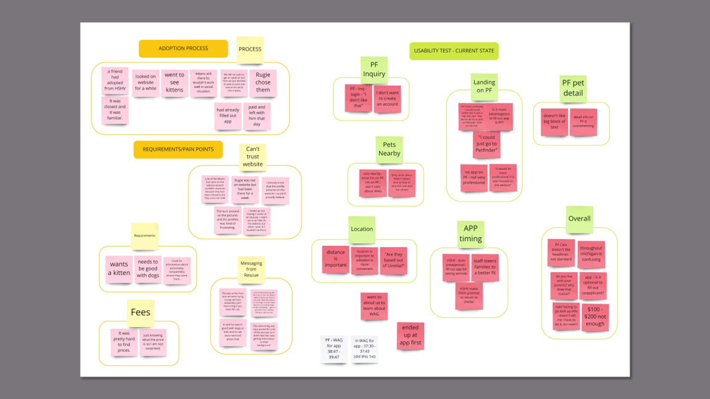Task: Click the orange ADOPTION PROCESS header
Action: coord(183,49)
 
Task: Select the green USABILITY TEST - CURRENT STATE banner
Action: coord(454,51)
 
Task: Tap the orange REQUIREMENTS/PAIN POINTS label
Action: coord(178,150)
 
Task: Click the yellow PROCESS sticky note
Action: coord(250,49)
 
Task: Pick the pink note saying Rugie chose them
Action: coord(263,83)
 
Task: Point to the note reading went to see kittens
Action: coord(174,83)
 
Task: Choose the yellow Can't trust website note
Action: coord(253,156)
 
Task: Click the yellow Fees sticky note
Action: coord(141,312)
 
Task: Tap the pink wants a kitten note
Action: coord(119,268)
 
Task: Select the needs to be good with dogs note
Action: coord(148,268)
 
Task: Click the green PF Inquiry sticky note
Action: coord(374,70)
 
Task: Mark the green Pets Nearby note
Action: coord(389,149)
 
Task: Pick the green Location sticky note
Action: coord(362,229)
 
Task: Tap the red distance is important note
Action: coord(336,259)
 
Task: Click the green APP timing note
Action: coord(470,233)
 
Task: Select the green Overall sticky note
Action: coord(579,219)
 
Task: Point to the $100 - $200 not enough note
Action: coord(595,316)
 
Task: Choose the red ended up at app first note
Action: coord(410,336)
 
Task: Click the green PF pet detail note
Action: coord(573,88)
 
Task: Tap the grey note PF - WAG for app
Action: coord(334,349)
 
